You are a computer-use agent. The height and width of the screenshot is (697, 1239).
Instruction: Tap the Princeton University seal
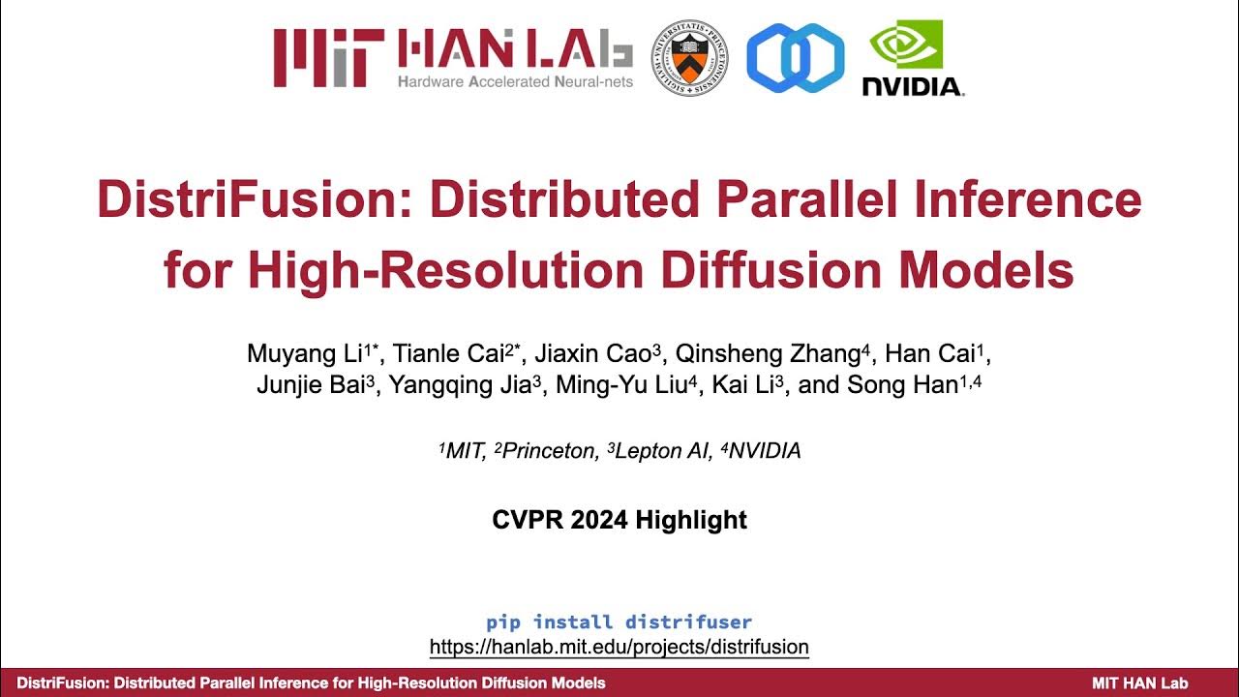690,57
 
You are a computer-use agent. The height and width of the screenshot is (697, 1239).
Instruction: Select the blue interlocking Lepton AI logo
795,58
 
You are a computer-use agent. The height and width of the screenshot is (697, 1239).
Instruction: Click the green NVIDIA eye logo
906,45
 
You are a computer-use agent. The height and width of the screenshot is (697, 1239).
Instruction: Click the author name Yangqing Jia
460,384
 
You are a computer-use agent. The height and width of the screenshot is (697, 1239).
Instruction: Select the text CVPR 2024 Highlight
619,520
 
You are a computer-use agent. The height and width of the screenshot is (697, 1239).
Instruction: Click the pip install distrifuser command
619,621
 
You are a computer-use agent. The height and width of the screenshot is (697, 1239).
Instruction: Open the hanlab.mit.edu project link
619,647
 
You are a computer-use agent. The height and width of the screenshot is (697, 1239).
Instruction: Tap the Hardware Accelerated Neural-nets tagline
515,81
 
